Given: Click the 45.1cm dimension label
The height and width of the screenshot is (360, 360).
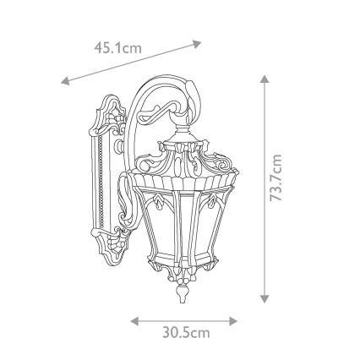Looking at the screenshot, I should pyautogui.click(x=118, y=47).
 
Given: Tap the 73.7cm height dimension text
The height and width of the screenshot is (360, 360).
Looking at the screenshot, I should pyautogui.click(x=275, y=188).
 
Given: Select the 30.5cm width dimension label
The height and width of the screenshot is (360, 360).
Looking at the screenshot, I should pyautogui.click(x=185, y=333).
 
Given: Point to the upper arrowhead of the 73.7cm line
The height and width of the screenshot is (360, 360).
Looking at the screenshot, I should pyautogui.click(x=265, y=79).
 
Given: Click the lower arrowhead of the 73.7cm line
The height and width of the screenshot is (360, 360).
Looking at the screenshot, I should pyautogui.click(x=265, y=299).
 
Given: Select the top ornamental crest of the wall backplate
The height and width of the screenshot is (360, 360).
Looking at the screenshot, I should pyautogui.click(x=107, y=106).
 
